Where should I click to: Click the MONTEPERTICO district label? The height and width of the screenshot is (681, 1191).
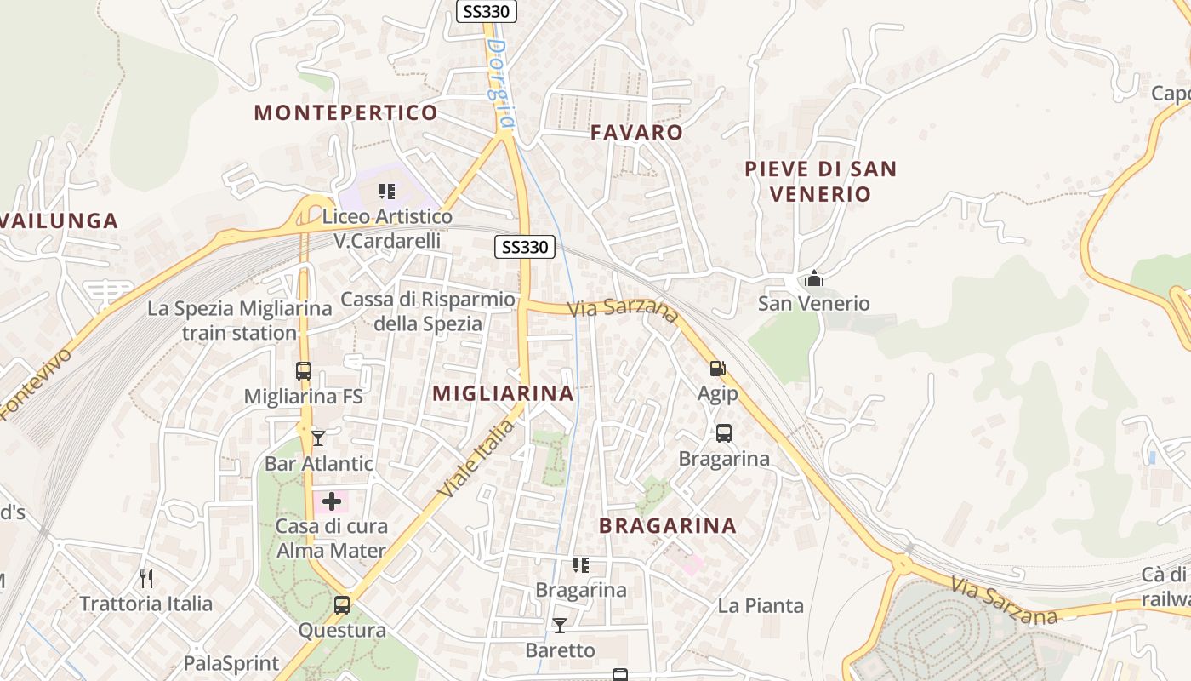345,112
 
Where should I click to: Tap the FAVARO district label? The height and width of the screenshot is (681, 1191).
636,132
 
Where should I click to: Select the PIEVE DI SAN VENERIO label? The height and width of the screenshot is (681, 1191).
820,180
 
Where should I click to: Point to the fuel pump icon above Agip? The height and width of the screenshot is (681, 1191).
718,369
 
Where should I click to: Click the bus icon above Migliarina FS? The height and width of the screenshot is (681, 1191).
304,371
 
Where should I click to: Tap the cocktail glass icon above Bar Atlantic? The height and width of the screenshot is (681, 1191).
318,438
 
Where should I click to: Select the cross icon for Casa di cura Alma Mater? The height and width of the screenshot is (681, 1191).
332,501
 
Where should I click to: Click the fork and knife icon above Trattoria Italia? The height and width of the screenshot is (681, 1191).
146,579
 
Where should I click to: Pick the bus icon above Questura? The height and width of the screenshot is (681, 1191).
342,605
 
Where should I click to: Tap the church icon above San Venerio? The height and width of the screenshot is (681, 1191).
814,278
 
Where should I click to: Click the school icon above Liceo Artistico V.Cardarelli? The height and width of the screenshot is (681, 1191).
387,192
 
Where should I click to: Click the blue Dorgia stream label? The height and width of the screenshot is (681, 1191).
501,85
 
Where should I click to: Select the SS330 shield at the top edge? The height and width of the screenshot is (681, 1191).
487,11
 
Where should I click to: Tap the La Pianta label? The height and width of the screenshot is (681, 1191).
761,605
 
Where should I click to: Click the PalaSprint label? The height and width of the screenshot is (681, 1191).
231,663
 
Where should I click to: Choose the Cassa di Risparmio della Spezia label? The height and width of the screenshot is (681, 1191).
428,312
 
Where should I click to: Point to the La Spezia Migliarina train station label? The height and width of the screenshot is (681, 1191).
239,320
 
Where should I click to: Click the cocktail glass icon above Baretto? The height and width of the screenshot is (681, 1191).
559,626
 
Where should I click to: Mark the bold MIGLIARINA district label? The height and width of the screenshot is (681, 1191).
503,393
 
